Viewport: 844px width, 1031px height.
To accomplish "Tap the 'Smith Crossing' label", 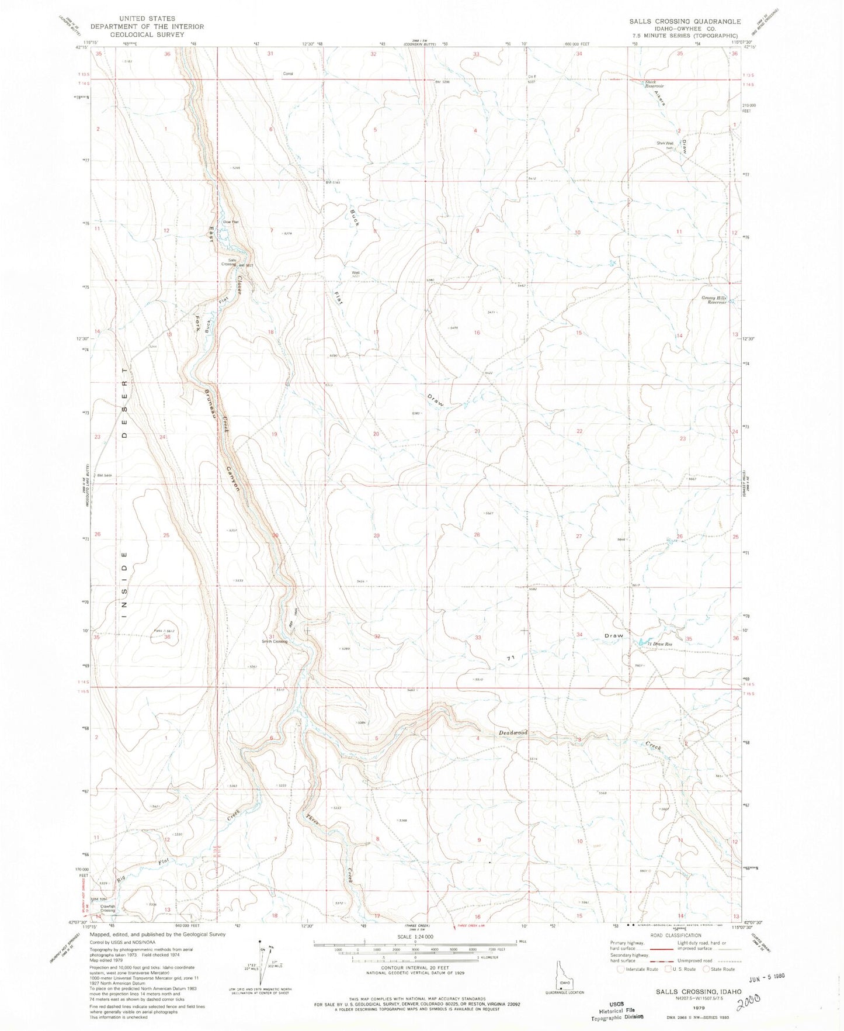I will coord(275,641).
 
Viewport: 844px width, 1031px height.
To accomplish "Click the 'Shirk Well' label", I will coord(665,143).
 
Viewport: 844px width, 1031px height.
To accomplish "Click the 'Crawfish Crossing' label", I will coord(107,908).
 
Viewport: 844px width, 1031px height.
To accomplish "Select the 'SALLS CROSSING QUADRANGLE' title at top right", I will coord(685,21).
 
